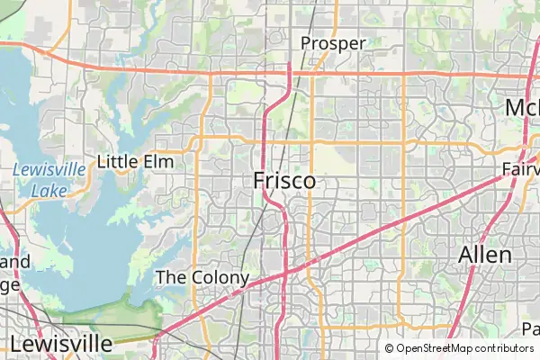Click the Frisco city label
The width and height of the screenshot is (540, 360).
pyautogui.click(x=284, y=180)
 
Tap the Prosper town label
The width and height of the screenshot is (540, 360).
pyautogui.click(x=333, y=43)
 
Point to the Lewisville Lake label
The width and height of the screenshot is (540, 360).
pyautogui.click(x=49, y=179)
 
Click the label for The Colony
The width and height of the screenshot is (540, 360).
pyautogui.click(x=202, y=277)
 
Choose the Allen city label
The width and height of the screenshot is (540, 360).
pyautogui.click(x=485, y=255)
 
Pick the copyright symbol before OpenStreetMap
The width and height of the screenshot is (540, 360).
pyautogui.click(x=390, y=348)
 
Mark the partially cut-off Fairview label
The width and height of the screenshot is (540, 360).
pyautogui.click(x=521, y=170)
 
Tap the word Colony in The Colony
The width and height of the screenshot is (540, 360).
pyautogui.click(x=220, y=277)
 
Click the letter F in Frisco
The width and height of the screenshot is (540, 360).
pyautogui.click(x=260, y=180)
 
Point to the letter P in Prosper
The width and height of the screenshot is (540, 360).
pyautogui.click(x=307, y=43)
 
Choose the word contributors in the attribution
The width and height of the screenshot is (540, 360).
pyautogui.click(x=502, y=348)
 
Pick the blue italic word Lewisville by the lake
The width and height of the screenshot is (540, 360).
pyautogui.click(x=49, y=169)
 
